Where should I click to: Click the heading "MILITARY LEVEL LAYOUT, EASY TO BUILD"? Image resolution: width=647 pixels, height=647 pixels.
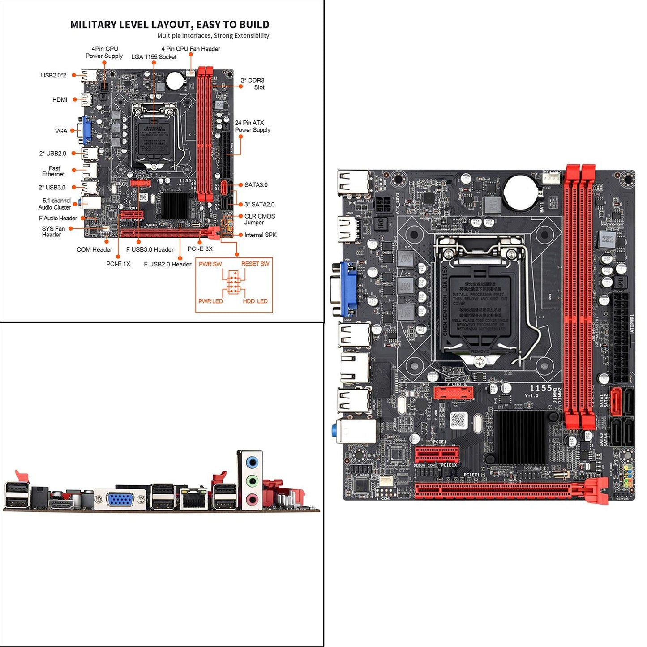pyautogui.click(x=170, y=25)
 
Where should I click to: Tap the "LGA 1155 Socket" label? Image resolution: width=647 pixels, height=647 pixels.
pyautogui.click(x=154, y=57)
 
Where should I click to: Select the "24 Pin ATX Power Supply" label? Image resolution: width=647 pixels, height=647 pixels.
pyautogui.click(x=252, y=126)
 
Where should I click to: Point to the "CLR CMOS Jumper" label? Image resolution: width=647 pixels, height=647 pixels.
pyautogui.click(x=259, y=219)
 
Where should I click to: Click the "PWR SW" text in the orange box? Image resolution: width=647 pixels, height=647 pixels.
pyautogui.click(x=210, y=264)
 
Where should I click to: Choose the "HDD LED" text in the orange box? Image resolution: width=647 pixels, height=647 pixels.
pyautogui.click(x=255, y=301)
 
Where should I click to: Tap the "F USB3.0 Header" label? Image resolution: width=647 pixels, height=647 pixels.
pyautogui.click(x=150, y=250)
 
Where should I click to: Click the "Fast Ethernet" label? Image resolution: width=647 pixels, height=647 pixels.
pyautogui.click(x=54, y=171)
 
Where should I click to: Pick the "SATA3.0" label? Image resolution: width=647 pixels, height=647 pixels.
pyautogui.click(x=256, y=185)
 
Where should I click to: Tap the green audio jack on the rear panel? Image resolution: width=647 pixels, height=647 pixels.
pyautogui.click(x=253, y=481)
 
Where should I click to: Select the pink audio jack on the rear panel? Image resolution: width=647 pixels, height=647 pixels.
pyautogui.click(x=253, y=499)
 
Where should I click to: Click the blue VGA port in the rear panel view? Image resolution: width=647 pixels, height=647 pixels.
pyautogui.click(x=120, y=500)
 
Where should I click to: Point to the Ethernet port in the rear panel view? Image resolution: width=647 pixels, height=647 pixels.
pyautogui.click(x=194, y=499)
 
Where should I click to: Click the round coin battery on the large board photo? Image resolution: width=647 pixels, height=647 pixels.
pyautogui.click(x=520, y=192)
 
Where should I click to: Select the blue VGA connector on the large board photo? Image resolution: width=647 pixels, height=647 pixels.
pyautogui.click(x=348, y=289)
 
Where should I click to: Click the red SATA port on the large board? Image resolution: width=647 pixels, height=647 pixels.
pyautogui.click(x=616, y=401)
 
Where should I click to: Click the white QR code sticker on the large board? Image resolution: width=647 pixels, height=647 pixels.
pyautogui.click(x=458, y=420)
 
